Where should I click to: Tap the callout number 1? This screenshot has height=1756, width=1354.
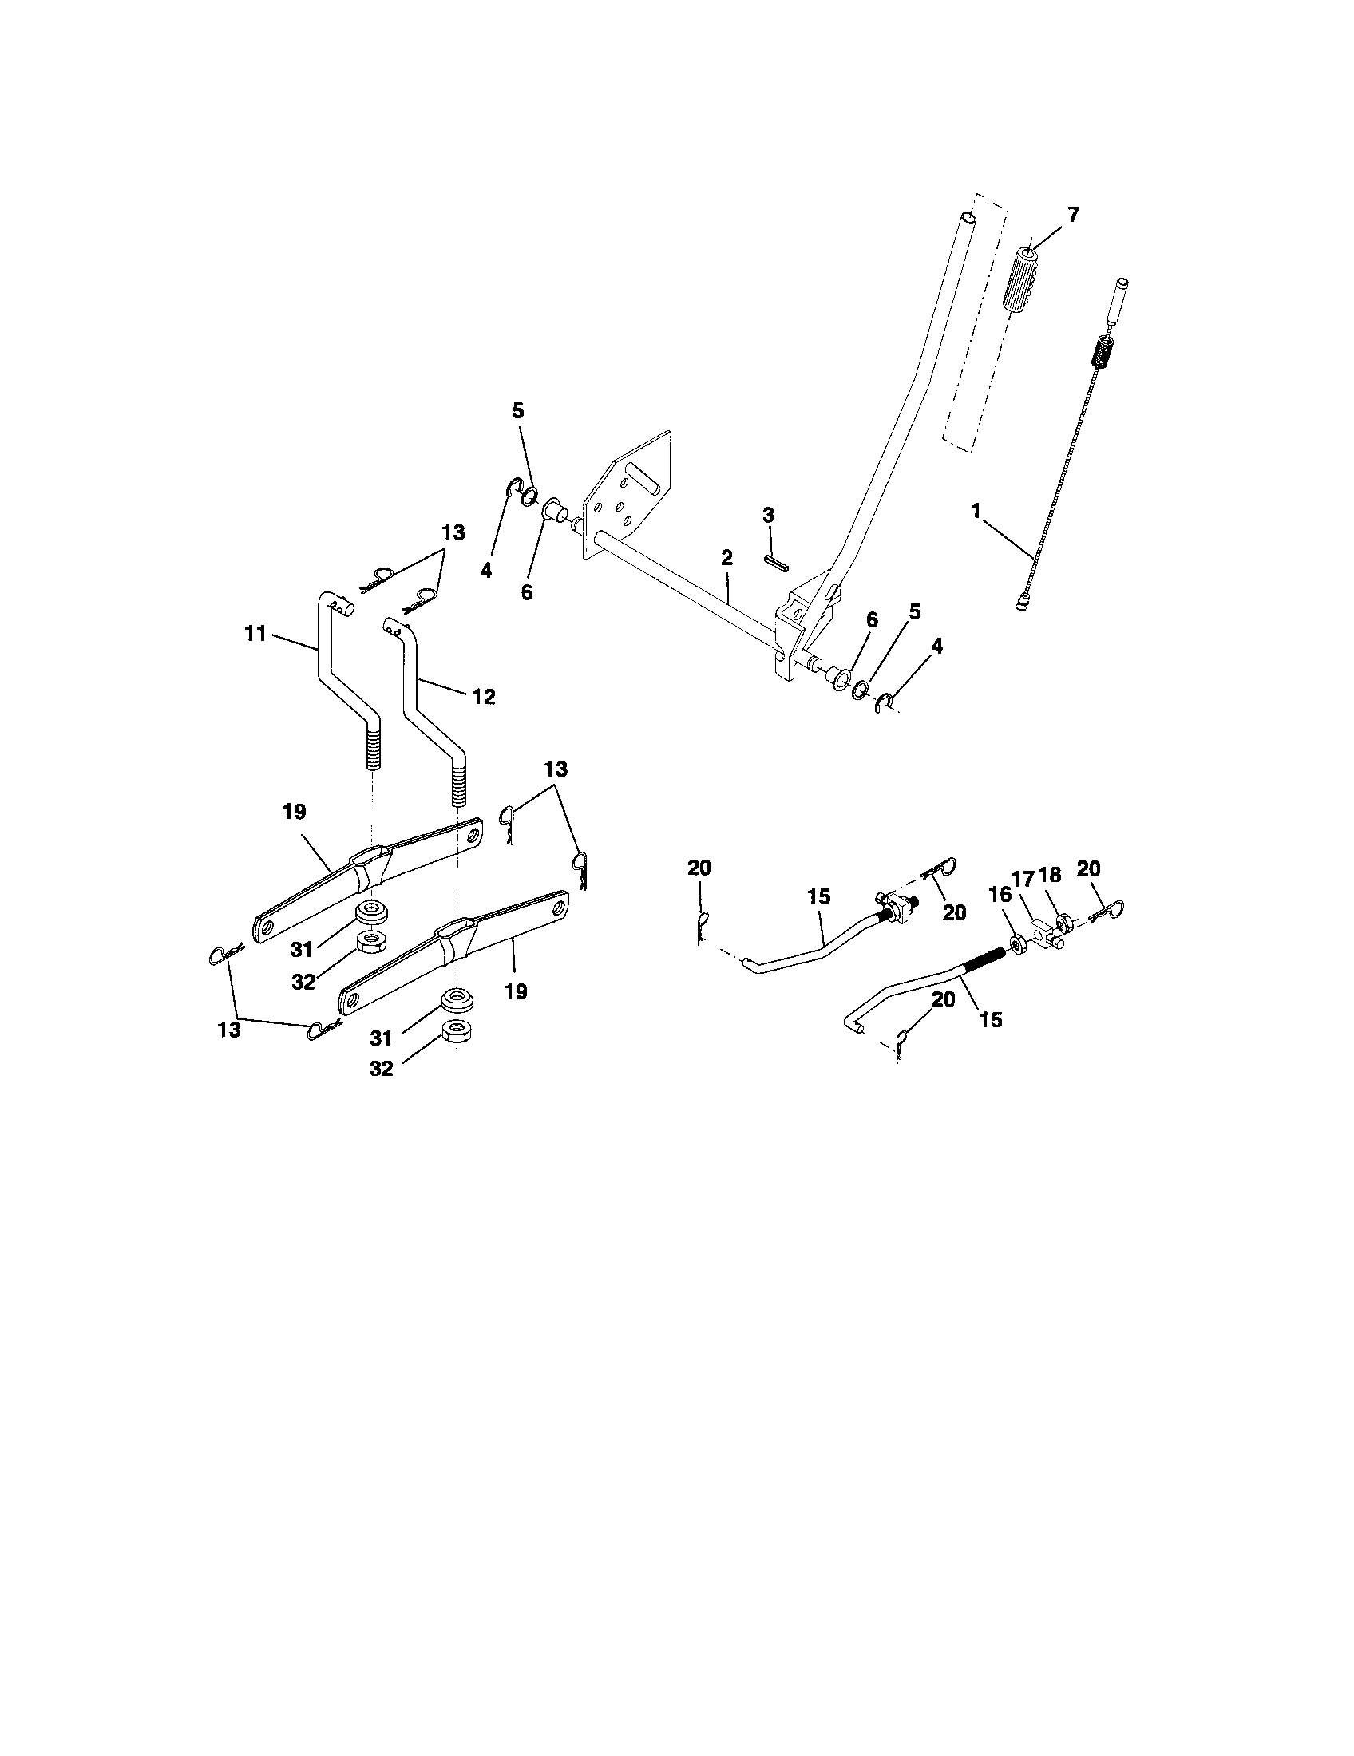[976, 512]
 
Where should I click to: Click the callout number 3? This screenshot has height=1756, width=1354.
[768, 516]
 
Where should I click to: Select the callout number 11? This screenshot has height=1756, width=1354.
[255, 634]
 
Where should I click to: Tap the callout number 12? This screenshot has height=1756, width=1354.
[483, 696]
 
